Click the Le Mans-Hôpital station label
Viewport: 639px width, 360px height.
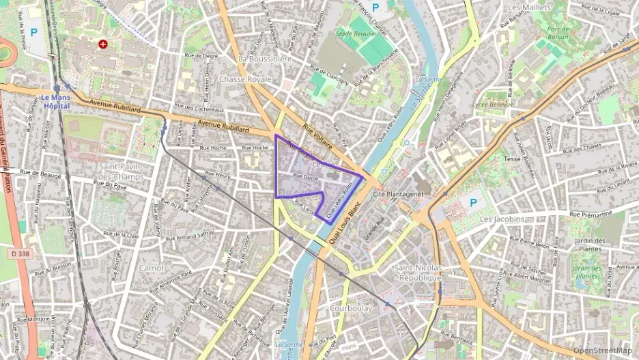point(57,101)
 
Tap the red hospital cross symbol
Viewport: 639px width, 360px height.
point(103,44)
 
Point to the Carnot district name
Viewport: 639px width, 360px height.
point(151,268)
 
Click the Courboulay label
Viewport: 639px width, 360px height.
point(350,308)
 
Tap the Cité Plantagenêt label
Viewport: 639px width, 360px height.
point(398,194)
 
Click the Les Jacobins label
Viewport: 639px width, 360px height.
point(502,219)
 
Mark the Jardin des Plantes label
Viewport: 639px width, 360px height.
point(591,245)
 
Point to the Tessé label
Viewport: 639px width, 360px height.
point(511,158)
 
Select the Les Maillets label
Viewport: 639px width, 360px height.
point(530,7)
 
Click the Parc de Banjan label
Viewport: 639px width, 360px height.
point(558,33)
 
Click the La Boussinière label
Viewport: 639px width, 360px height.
point(265,59)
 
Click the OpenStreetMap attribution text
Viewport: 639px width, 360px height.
point(602,350)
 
